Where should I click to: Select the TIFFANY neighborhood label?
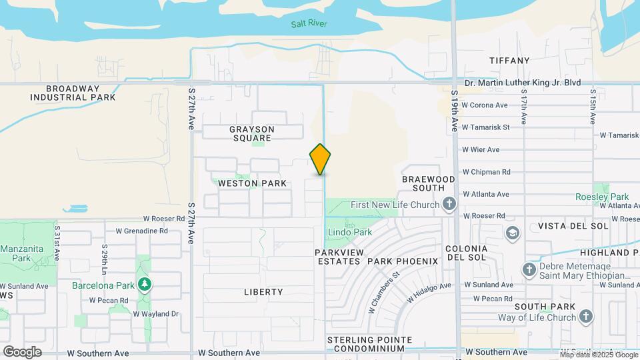509,61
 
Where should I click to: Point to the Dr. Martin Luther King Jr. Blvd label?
522,83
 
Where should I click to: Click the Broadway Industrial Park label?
73,93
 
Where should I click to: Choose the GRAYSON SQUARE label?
252,134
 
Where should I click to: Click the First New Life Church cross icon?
449,204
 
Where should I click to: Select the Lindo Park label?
349,233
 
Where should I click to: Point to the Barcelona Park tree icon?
144,285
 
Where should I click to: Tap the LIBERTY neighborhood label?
263,292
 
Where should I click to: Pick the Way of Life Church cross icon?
585,317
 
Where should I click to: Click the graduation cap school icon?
512,233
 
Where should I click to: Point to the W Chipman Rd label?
486,171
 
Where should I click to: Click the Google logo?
22,351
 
